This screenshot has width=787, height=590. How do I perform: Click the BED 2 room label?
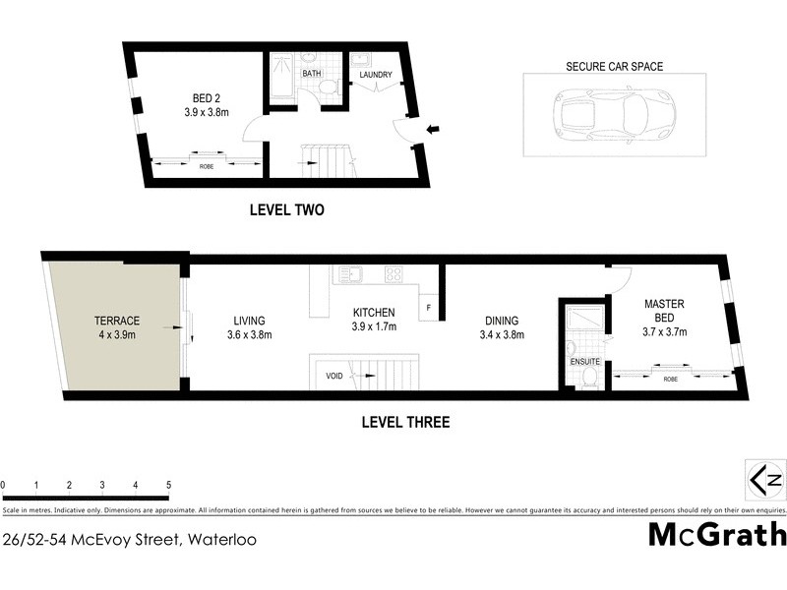pos(207,97)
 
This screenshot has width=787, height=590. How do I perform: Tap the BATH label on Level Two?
pos(311,74)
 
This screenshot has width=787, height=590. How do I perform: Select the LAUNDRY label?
pos(376,75)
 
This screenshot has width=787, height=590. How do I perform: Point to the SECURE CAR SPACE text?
pos(614,67)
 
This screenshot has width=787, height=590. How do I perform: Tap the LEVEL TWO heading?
pos(286,209)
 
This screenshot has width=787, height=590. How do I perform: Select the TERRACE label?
pos(117,321)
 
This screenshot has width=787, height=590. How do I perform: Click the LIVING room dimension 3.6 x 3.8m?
pos(250,334)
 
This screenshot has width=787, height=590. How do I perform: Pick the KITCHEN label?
pos(375,314)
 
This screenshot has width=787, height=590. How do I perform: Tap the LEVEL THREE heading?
pos(405,423)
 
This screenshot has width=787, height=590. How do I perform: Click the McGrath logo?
pos(717,534)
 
